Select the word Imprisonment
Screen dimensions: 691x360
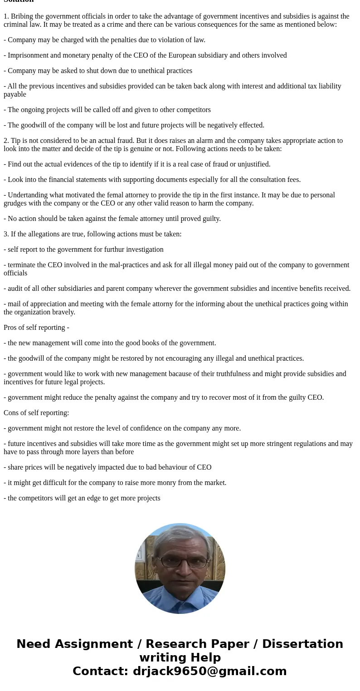(x=29, y=55)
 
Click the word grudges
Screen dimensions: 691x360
(x=16, y=203)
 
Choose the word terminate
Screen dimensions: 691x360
(x=22, y=265)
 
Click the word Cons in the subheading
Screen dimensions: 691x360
(x=11, y=413)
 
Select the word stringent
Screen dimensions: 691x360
(x=265, y=444)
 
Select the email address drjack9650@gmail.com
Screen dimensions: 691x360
(x=209, y=671)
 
